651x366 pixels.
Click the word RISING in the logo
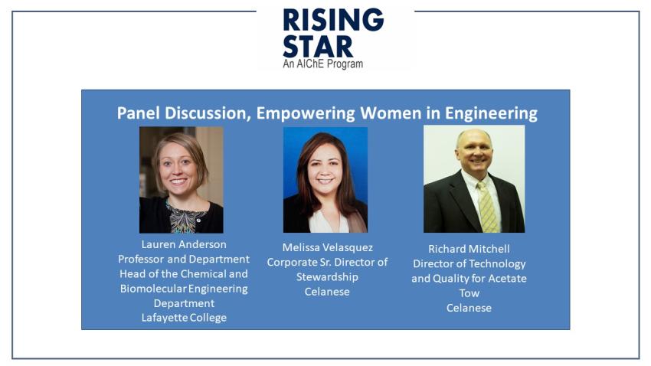pyautogui.click(x=333, y=19)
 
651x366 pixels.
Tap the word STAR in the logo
pyautogui.click(x=318, y=47)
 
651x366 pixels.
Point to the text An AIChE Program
pyautogui.click(x=323, y=64)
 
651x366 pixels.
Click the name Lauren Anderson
pyautogui.click(x=184, y=244)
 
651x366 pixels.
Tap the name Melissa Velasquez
pyautogui.click(x=328, y=248)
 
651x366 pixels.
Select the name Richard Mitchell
pyautogui.click(x=469, y=249)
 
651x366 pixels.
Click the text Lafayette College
pyautogui.click(x=184, y=318)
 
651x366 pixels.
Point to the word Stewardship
pyautogui.click(x=327, y=277)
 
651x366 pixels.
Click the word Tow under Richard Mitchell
pyautogui.click(x=469, y=293)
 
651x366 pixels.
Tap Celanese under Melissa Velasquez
pyautogui.click(x=327, y=292)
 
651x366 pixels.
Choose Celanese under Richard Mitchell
pyautogui.click(x=469, y=308)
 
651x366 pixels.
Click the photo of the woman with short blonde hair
pyautogui.click(x=181, y=180)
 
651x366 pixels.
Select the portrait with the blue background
pyautogui.click(x=325, y=180)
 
